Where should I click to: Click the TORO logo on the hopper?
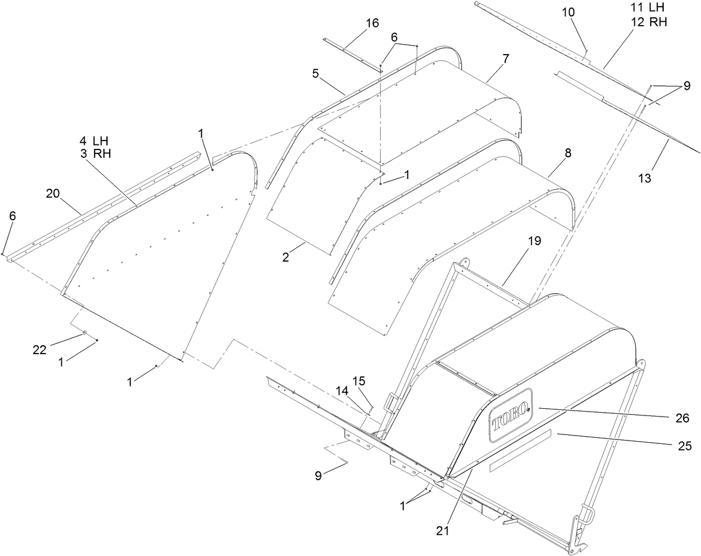click(x=510, y=415)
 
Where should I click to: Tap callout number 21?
click(x=442, y=531)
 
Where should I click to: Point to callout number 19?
click(x=534, y=241)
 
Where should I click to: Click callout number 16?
click(x=372, y=23)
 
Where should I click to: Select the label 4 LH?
click(x=94, y=142)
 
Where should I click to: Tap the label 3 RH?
click(x=94, y=153)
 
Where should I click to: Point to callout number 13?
click(x=644, y=178)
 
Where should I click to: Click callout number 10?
click(x=568, y=12)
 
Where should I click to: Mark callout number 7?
click(x=505, y=58)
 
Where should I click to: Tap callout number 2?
click(x=285, y=258)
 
